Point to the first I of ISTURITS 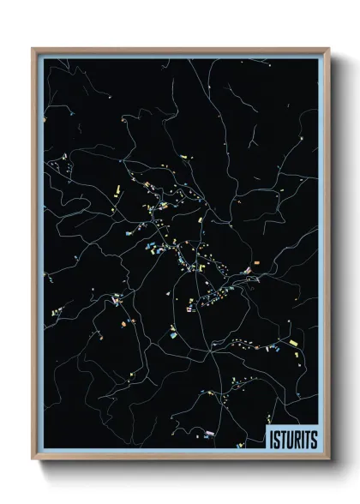tap(271, 438)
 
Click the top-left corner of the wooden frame tap(33, 49)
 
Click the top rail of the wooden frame tap(180, 49)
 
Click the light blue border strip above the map tap(180, 56)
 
